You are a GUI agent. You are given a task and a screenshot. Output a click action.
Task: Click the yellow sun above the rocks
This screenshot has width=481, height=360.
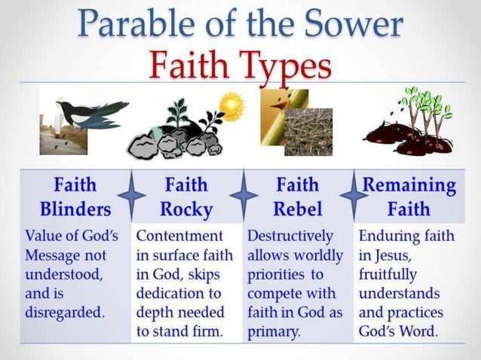tap(231, 104)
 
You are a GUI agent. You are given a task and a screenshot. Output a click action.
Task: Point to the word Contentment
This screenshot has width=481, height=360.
tap(179, 236)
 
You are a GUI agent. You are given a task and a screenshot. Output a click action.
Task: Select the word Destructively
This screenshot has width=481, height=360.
tap(290, 236)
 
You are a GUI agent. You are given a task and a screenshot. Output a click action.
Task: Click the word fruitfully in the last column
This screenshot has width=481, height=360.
tap(388, 275)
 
